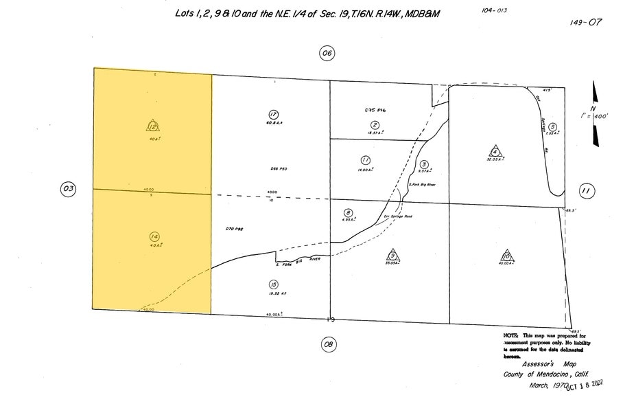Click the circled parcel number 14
click(x=154, y=237)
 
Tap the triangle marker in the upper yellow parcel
click(x=152, y=125)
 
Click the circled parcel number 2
click(x=375, y=124)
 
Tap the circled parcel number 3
click(x=424, y=164)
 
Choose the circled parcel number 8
click(x=349, y=213)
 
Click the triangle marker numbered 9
click(x=392, y=254)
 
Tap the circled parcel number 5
click(x=552, y=126)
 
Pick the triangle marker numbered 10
click(x=506, y=255)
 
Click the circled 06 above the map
click(x=327, y=53)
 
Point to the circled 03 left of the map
click(x=68, y=190)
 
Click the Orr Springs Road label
click(x=397, y=216)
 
